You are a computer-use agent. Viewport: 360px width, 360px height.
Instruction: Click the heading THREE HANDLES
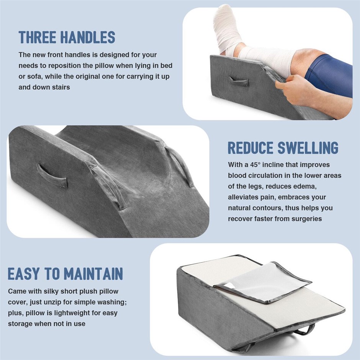[67, 37]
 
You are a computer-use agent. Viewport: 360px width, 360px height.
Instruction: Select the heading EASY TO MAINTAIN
[65, 273]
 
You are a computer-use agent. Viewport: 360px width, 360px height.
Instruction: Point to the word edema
[305, 186]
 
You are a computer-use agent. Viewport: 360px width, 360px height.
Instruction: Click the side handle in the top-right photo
[239, 81]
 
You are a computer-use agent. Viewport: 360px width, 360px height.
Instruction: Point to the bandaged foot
[226, 32]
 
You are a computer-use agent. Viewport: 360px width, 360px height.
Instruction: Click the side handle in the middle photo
[52, 175]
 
